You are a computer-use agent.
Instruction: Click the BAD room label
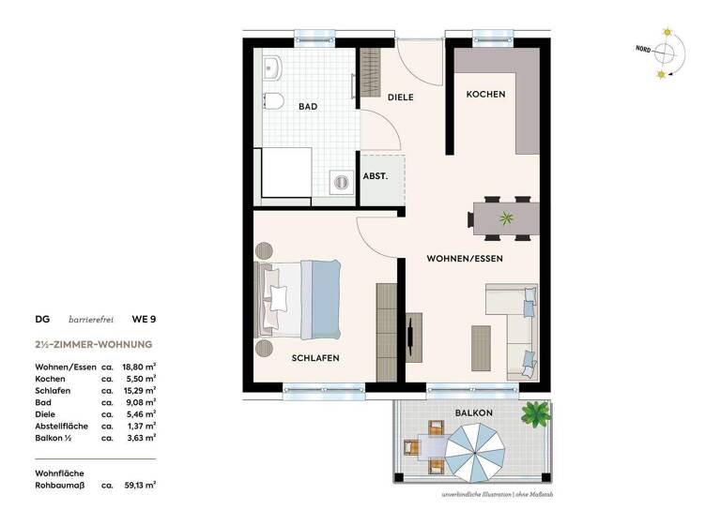(x=307, y=107)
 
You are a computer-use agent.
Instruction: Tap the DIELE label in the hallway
(x=400, y=97)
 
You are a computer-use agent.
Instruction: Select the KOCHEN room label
(x=486, y=95)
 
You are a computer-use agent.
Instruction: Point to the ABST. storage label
(x=376, y=176)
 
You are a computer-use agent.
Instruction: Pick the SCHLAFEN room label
(x=314, y=358)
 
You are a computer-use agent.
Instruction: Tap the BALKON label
(x=475, y=412)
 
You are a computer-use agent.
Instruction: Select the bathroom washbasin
(x=273, y=67)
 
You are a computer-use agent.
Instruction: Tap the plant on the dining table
(x=507, y=219)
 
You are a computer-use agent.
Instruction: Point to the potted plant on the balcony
(x=536, y=412)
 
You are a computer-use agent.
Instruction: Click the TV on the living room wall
(x=412, y=336)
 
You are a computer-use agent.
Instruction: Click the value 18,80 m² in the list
(x=139, y=367)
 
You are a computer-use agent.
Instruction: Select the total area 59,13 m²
(x=139, y=486)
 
